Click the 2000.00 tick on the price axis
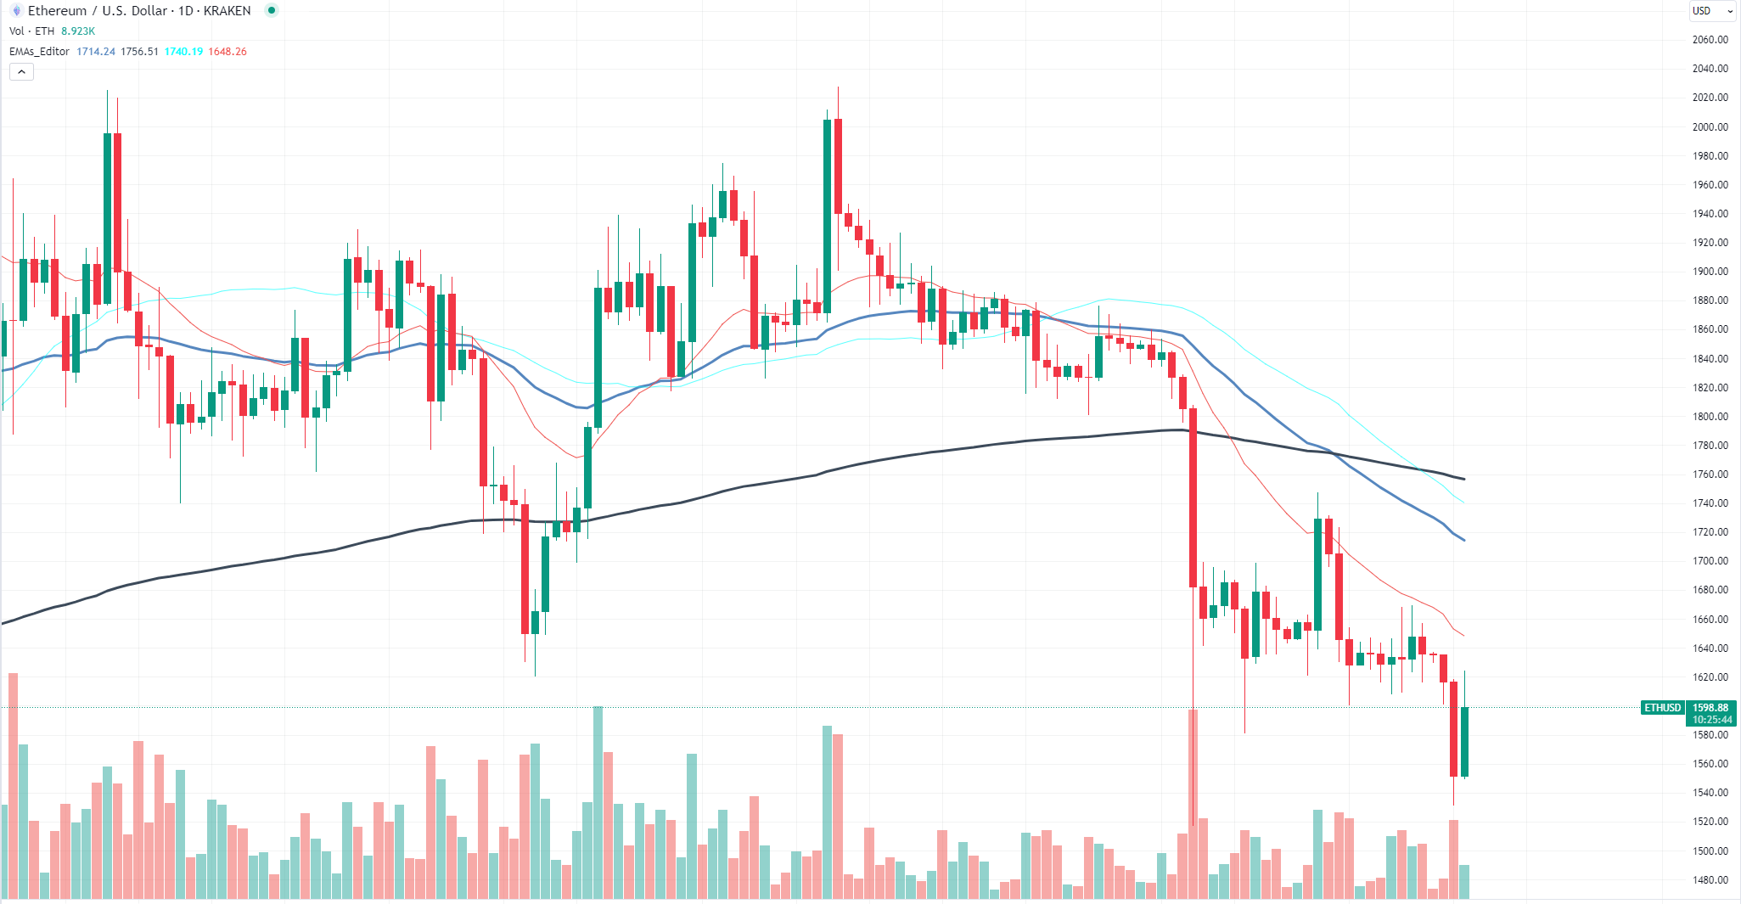tap(1710, 126)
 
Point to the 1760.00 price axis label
tap(1710, 474)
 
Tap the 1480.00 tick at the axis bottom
tap(1710, 879)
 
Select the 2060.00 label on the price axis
tap(1710, 39)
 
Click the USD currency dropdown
tap(1712, 11)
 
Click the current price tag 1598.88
tap(1710, 707)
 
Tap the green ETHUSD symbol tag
tap(1662, 707)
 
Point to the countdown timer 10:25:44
tap(1710, 720)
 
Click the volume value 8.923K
tap(78, 31)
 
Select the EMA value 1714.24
tap(96, 52)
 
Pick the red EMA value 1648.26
tap(227, 52)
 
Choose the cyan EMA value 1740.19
tap(183, 52)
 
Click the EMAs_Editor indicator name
tap(39, 52)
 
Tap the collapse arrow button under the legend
tap(21, 72)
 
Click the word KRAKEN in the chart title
tap(227, 11)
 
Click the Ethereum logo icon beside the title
tap(16, 11)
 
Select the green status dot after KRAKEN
tap(271, 10)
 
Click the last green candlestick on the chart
tap(1464, 741)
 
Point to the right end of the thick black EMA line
tap(1464, 479)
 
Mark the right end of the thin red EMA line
tap(1463, 635)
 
